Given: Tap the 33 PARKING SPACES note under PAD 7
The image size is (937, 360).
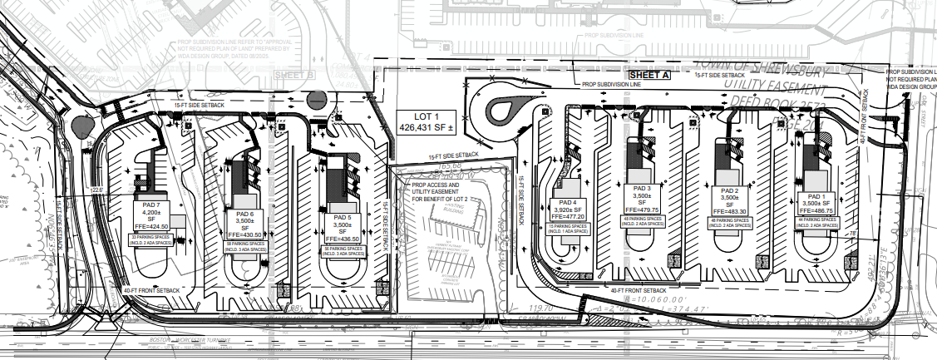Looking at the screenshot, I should click(150, 239).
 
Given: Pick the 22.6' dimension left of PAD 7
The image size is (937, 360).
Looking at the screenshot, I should click(99, 190).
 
